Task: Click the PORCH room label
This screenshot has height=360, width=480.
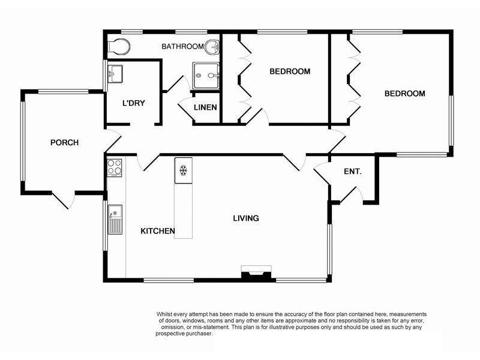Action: [64, 143]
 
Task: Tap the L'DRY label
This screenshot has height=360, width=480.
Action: [133, 103]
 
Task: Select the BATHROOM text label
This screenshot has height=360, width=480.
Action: [183, 46]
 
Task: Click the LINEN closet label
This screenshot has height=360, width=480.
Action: [205, 109]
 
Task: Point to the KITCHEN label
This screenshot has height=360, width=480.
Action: [157, 231]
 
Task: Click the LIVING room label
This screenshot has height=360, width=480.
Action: [246, 218]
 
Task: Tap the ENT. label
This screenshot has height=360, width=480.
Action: [353, 172]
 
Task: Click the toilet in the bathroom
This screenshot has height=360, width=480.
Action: [118, 45]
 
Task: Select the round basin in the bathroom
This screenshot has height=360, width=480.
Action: [212, 46]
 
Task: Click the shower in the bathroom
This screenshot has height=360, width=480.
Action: [206, 76]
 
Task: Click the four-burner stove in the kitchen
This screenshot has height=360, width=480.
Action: [115, 167]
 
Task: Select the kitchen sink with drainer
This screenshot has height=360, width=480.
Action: [115, 220]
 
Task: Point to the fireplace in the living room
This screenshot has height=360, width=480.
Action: [255, 273]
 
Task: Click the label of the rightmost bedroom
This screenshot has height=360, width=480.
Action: [404, 94]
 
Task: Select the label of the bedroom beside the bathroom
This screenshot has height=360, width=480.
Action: [290, 71]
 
